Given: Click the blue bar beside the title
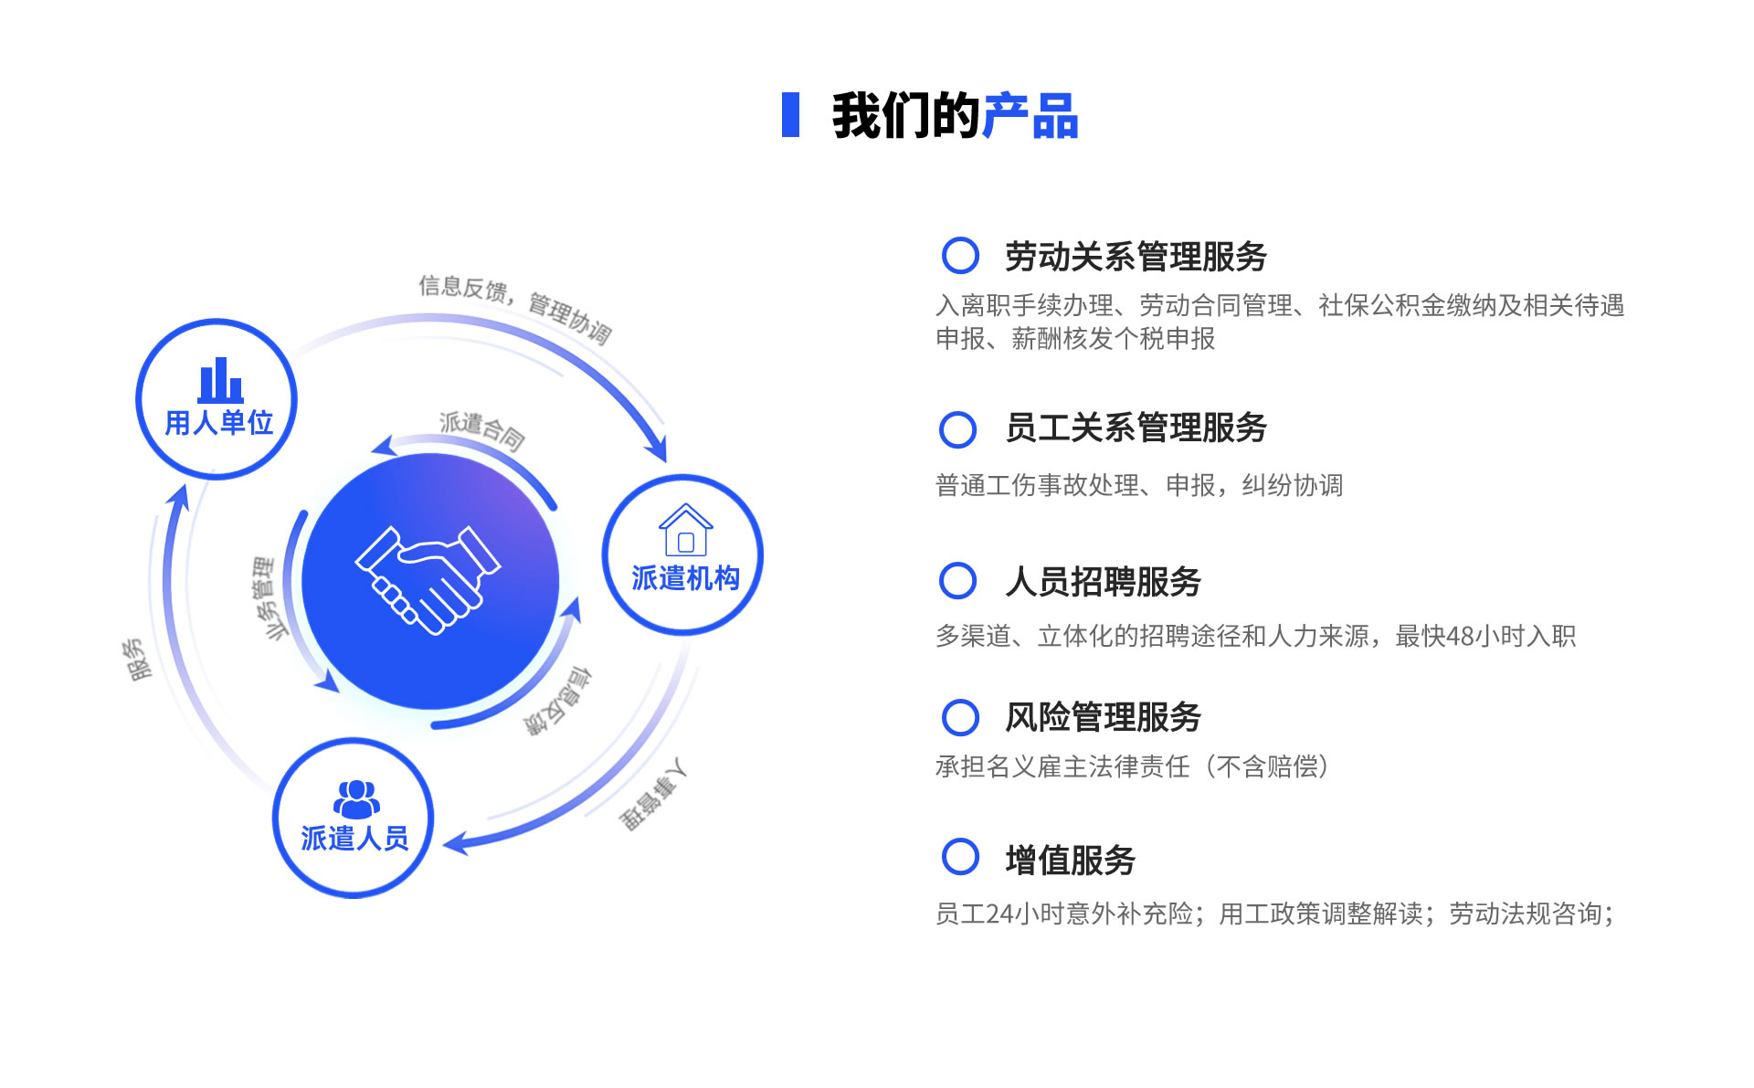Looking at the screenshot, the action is (x=791, y=115).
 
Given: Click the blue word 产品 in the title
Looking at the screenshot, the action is (x=1030, y=116).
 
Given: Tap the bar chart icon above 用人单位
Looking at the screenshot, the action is (x=221, y=380).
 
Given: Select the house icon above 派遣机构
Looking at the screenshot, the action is (x=686, y=530).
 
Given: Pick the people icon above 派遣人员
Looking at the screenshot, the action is (x=356, y=799).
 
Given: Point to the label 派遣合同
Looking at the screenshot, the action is (x=482, y=430).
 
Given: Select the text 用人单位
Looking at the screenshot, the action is (x=219, y=423).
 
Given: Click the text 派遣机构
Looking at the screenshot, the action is (x=686, y=578).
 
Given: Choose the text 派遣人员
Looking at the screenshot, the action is (x=355, y=838).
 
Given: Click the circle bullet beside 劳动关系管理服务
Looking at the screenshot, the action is (x=960, y=256).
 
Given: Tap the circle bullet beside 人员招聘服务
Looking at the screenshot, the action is (x=958, y=580).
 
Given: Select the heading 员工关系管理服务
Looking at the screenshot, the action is (x=1136, y=428).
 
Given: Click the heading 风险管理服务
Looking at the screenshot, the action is (x=1104, y=717).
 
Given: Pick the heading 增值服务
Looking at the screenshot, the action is (x=1071, y=860).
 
